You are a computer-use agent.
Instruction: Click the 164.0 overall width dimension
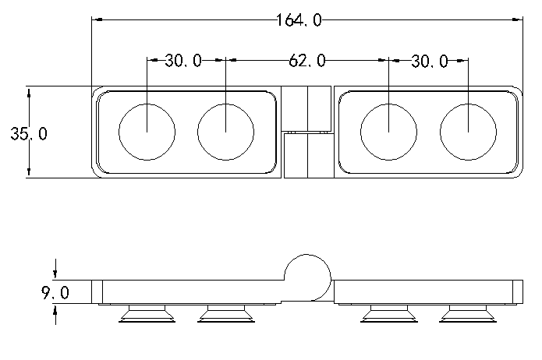pos(299,20)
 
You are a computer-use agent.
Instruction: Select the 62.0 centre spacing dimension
pos(306,61)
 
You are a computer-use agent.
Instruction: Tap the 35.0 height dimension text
pos(28,134)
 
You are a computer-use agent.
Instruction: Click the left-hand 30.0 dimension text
pos(183,61)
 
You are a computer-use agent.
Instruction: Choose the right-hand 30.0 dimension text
pos(430,61)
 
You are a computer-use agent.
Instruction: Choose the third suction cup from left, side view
pos(388,313)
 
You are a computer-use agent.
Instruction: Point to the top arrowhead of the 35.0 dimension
pos(28,91)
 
